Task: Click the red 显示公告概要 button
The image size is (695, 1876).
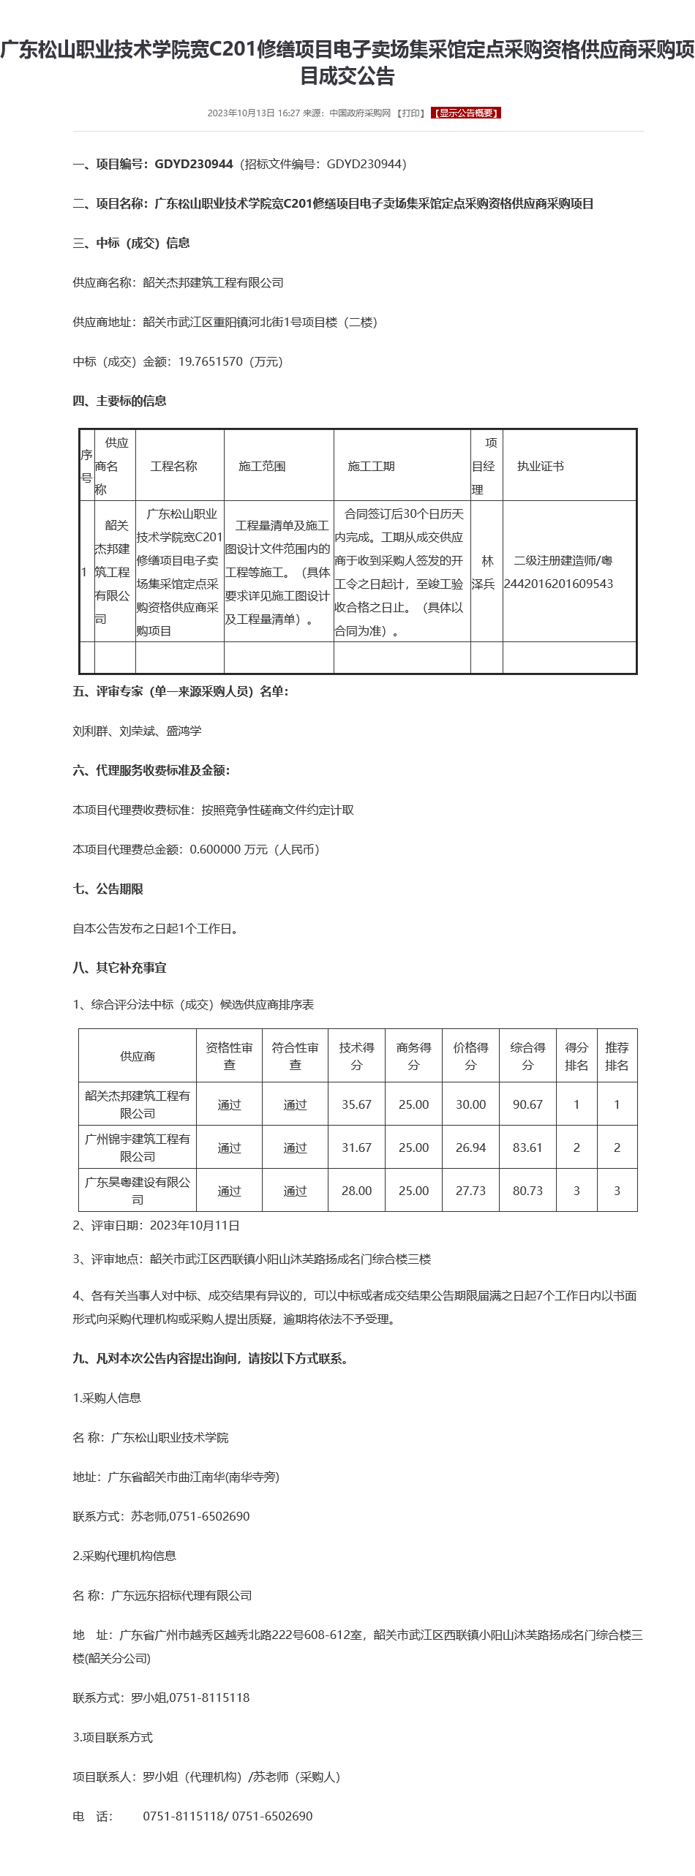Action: (466, 113)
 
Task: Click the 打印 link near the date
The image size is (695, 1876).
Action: (410, 113)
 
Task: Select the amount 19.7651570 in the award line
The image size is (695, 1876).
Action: (211, 361)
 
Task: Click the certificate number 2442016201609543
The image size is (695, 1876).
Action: (558, 584)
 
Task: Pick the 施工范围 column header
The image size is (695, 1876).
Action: (262, 466)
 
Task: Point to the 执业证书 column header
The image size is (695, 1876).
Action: (540, 466)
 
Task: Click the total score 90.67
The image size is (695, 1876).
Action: (527, 1104)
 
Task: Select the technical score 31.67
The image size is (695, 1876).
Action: (356, 1148)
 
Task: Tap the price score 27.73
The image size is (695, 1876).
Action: (470, 1191)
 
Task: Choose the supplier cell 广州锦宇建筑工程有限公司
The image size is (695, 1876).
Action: (138, 1148)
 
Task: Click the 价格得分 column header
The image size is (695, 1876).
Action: (470, 1056)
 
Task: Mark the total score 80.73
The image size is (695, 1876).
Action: (527, 1191)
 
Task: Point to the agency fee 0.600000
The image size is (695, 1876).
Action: (216, 849)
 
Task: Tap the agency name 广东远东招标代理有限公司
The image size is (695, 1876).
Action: (181, 1595)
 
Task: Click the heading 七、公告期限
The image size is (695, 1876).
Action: (108, 889)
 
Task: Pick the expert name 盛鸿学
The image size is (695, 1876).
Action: (184, 731)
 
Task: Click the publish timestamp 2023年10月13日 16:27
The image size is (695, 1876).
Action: (254, 113)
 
